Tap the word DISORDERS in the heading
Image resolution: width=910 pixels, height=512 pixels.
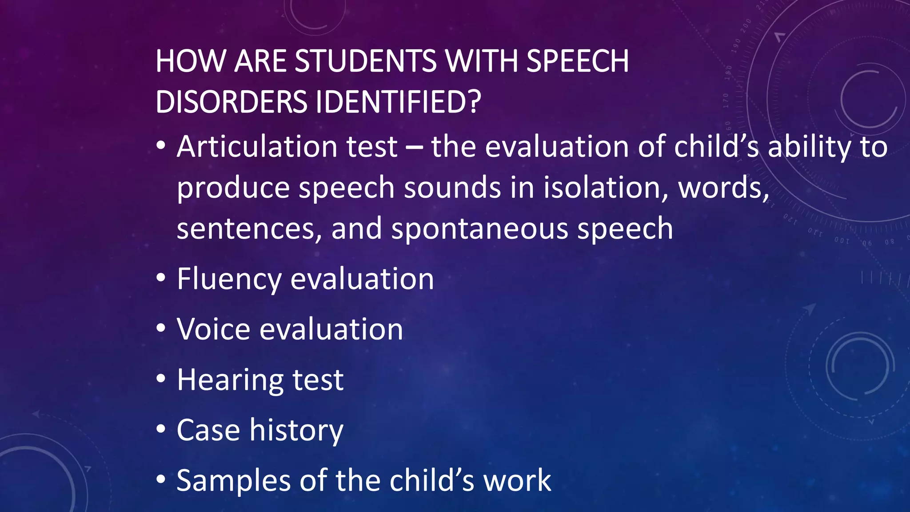pos(231,102)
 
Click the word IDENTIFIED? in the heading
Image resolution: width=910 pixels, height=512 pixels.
pos(398,102)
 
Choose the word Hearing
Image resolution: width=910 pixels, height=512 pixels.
pos(229,380)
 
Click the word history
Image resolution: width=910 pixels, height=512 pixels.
pos(296,430)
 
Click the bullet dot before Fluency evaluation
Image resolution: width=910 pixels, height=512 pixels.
pos(161,278)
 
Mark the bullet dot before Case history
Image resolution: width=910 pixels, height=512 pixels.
pos(161,429)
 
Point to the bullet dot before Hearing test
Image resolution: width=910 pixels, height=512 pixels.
pos(161,379)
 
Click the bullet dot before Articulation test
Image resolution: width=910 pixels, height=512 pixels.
pos(161,145)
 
